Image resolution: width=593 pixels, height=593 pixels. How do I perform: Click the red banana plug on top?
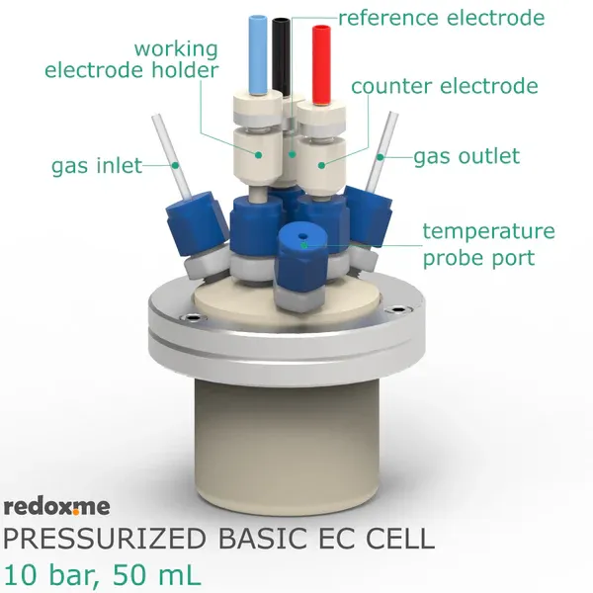321,65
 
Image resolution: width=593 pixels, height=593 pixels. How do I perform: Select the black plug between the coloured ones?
282,56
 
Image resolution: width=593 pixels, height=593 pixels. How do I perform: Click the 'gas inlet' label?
97,166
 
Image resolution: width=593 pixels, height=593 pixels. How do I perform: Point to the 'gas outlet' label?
466,156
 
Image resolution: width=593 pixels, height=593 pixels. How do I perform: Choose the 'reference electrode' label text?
442,18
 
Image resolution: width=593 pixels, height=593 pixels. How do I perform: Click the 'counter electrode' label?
445,86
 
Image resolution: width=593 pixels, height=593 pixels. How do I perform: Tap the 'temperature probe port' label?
488,244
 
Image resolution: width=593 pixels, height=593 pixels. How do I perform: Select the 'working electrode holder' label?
131,59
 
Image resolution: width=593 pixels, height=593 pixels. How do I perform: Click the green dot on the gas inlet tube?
175,165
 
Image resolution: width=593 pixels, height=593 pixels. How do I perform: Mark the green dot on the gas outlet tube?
381,157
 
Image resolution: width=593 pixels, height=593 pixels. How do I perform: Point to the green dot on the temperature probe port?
304,245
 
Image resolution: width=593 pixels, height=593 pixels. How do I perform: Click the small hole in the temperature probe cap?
303,236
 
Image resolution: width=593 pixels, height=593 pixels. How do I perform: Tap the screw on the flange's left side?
193,318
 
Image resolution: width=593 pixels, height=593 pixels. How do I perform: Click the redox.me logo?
56,506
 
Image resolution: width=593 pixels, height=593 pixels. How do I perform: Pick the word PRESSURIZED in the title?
105,539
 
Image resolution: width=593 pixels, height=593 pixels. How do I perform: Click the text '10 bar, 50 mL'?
102,575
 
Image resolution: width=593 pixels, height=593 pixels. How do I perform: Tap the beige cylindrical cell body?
287,447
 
